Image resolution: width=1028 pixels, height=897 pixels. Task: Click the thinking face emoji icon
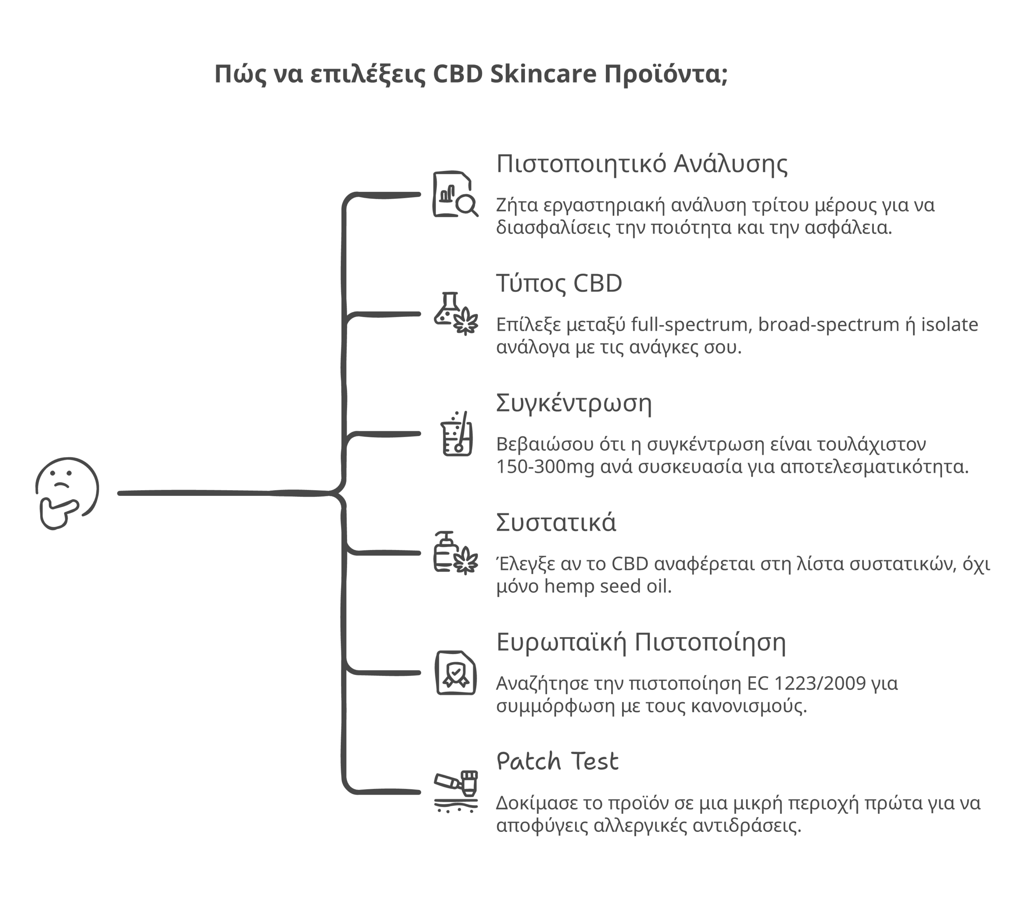click(x=67, y=493)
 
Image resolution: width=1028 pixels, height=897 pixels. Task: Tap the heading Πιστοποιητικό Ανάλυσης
click(x=642, y=164)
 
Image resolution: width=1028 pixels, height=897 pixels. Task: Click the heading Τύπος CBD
click(x=559, y=283)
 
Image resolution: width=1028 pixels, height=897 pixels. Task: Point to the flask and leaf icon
click(x=455, y=314)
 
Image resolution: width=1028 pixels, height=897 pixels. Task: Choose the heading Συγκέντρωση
click(x=573, y=404)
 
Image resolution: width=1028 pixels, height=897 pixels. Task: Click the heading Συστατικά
click(x=555, y=523)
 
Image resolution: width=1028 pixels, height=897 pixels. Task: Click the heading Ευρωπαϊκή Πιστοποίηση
click(x=640, y=642)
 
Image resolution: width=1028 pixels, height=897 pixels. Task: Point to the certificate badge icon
click(x=455, y=673)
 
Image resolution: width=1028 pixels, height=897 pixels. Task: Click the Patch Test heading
click(x=557, y=761)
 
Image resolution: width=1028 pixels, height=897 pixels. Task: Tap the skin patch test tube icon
click(x=455, y=792)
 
